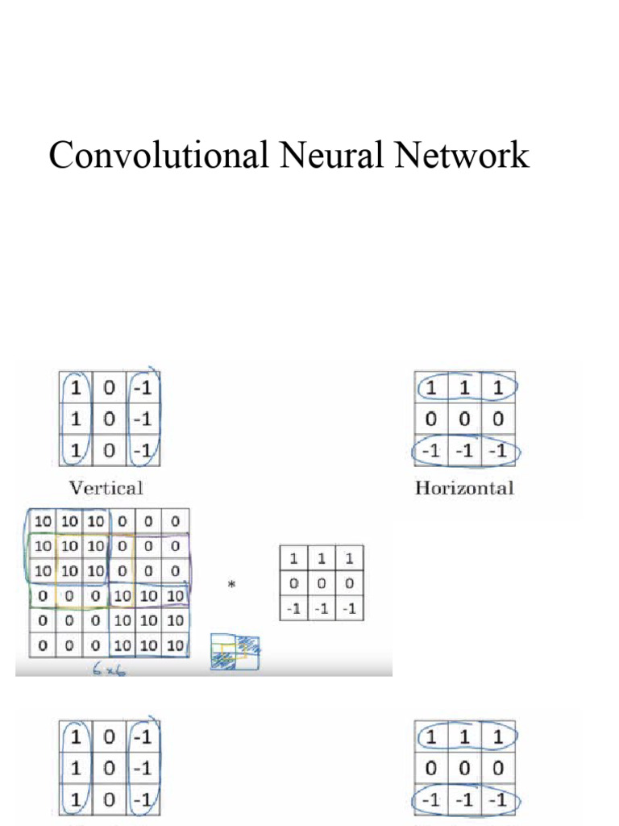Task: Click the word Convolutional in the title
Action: point(158,155)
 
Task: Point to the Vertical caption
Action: point(106,487)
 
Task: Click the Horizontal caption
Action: point(464,487)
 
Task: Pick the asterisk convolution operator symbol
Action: point(232,585)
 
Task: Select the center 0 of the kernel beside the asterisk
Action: point(321,583)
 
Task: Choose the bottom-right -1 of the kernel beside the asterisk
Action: point(349,608)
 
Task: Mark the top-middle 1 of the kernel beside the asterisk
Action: point(321,558)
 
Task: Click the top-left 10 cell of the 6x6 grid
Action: point(42,520)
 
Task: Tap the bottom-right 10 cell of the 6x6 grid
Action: point(175,646)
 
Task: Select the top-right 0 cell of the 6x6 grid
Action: point(175,520)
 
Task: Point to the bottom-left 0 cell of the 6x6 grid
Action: point(42,646)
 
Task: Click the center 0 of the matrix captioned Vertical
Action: point(110,419)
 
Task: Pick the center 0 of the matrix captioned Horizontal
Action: point(464,419)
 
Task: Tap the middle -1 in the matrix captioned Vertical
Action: point(143,419)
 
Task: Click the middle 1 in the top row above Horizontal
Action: point(464,388)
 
